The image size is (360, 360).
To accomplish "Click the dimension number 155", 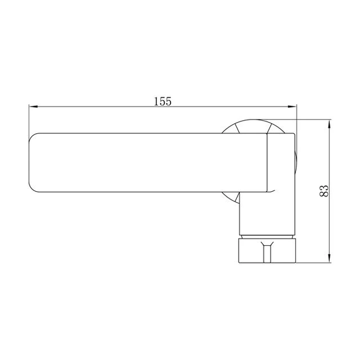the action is [x=163, y=101].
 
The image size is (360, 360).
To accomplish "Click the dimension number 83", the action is [x=324, y=191].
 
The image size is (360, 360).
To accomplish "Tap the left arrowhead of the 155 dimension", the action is [x=33, y=107].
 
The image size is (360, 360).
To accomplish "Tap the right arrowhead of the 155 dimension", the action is [x=292, y=107].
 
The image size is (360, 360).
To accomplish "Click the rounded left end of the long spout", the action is [x=32, y=163].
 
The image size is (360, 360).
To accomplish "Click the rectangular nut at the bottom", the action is [x=267, y=250].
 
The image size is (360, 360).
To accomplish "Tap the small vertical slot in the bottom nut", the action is [x=266, y=253].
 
